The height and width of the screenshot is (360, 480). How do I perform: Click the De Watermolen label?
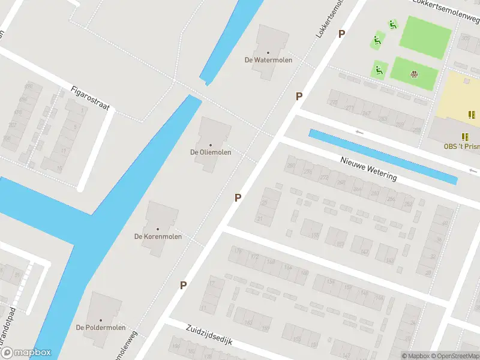(x=268, y=60)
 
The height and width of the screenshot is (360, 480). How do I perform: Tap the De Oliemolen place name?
(x=211, y=152)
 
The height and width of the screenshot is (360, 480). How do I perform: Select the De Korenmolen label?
(x=158, y=237)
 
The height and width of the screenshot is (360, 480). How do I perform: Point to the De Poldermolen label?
(x=101, y=328)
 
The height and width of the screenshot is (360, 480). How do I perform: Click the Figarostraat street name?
(x=91, y=98)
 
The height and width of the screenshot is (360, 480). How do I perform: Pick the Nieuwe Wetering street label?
(x=368, y=169)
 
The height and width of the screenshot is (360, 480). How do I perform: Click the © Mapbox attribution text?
(x=416, y=356)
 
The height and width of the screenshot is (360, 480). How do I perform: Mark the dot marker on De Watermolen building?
(x=268, y=52)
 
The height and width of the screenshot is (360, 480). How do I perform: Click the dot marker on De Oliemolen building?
(x=211, y=145)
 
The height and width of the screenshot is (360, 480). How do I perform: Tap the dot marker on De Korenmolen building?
(x=158, y=229)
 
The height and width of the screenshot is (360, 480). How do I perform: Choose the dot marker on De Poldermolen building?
(x=101, y=320)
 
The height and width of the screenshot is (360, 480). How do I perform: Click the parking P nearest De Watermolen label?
(x=299, y=96)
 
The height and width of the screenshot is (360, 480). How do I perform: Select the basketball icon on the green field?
(x=413, y=74)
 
